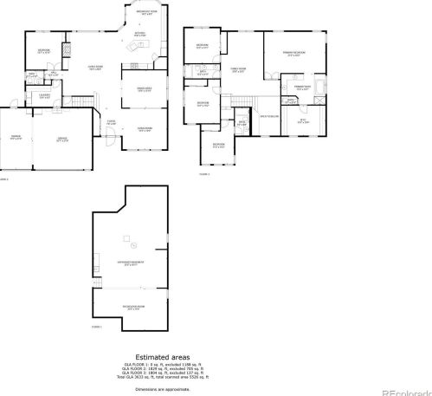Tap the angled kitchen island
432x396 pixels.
click(133, 46)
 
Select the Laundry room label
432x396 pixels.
click(43, 95)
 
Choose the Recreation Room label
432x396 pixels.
click(132, 308)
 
